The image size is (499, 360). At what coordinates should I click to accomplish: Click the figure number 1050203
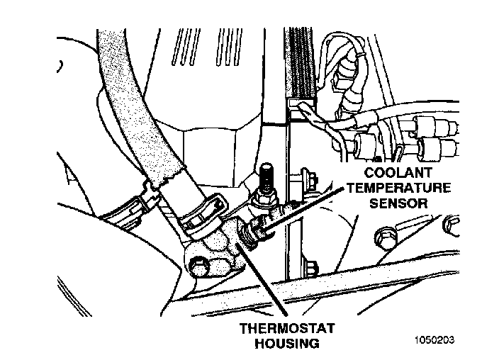point(433,339)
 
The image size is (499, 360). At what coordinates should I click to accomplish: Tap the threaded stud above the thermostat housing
point(268,177)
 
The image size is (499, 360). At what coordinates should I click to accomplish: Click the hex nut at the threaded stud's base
point(263,201)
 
